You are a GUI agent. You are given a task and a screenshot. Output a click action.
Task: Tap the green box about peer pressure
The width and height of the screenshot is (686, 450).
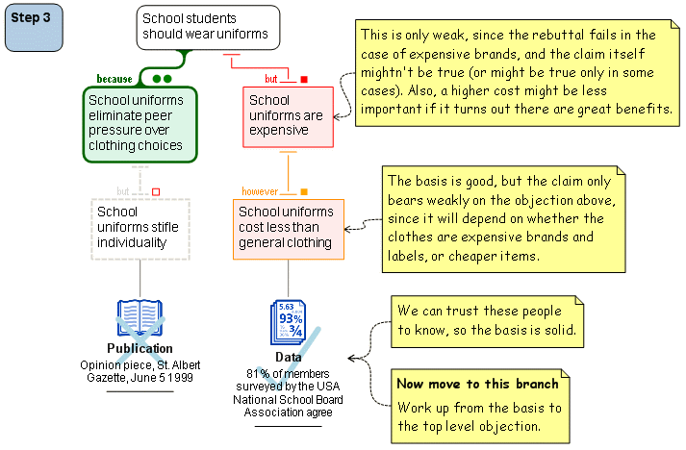[x=140, y=124]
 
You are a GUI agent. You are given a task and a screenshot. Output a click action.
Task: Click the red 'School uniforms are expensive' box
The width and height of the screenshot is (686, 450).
[x=288, y=116]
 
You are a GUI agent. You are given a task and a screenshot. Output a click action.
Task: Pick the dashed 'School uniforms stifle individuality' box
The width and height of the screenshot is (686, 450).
[x=140, y=228]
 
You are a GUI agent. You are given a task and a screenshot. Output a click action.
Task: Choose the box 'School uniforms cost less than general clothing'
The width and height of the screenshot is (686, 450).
[x=288, y=228]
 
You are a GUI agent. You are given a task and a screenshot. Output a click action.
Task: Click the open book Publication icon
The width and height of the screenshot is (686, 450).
[x=140, y=317]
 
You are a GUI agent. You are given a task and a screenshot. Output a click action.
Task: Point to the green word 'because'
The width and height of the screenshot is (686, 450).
[x=114, y=79]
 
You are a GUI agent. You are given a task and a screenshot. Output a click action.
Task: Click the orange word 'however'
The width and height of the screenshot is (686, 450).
[x=261, y=191]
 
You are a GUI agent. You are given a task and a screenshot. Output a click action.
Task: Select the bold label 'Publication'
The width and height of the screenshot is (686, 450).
[x=140, y=348]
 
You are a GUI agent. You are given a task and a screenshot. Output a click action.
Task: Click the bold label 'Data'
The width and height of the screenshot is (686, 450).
[x=289, y=357]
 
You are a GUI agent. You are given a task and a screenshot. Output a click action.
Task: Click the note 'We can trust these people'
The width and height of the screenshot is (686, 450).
[x=487, y=321]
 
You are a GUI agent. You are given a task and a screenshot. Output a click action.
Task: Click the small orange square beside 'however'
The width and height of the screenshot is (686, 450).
[x=304, y=191]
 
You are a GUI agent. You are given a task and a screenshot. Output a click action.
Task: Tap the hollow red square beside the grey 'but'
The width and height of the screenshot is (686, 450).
[x=156, y=191]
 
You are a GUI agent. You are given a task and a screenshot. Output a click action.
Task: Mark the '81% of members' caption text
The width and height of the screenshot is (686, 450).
[x=289, y=392]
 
